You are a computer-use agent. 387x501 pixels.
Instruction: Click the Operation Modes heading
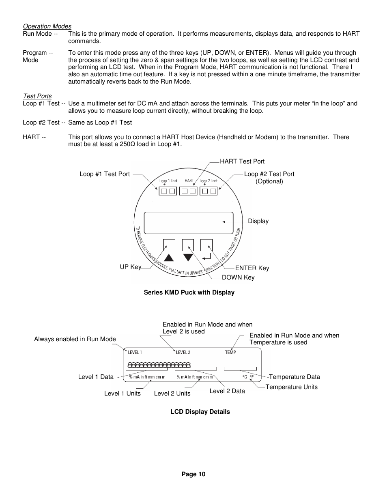pyautogui.click(x=47, y=26)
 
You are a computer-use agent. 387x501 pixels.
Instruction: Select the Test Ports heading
pyautogui.click(x=37, y=96)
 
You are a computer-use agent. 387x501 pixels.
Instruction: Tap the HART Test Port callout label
pyautogui.click(x=242, y=161)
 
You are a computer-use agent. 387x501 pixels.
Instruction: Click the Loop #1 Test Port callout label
pyautogui.click(x=105, y=174)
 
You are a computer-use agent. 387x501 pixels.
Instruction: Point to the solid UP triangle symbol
pyautogui.click(x=169, y=257)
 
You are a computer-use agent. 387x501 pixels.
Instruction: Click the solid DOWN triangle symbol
pyautogui.click(x=188, y=258)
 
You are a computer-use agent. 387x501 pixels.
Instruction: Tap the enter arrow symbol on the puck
pyautogui.click(x=206, y=257)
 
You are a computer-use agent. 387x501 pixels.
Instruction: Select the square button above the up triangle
pyautogui.click(x=169, y=245)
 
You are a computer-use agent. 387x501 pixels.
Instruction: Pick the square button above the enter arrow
pyautogui.click(x=206, y=245)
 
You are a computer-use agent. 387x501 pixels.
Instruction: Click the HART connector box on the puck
pyautogui.click(x=188, y=191)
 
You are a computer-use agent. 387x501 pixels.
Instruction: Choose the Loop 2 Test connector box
pyautogui.click(x=209, y=191)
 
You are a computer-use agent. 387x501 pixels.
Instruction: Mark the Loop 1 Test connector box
pyautogui.click(x=168, y=191)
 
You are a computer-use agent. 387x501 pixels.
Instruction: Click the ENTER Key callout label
pyautogui.click(x=252, y=268)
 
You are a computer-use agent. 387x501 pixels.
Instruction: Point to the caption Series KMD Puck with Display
pyautogui.click(x=189, y=292)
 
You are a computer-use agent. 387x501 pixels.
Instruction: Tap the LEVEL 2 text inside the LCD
pyautogui.click(x=183, y=352)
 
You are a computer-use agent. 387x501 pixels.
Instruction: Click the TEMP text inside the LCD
pyautogui.click(x=230, y=352)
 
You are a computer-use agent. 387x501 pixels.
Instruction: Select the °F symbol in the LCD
pyautogui.click(x=252, y=377)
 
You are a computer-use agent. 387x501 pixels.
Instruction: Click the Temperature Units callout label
pyautogui.click(x=291, y=387)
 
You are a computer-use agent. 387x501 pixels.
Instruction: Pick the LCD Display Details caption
pyautogui.click(x=200, y=412)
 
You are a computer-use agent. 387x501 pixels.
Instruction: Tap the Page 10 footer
pyautogui.click(x=193, y=474)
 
